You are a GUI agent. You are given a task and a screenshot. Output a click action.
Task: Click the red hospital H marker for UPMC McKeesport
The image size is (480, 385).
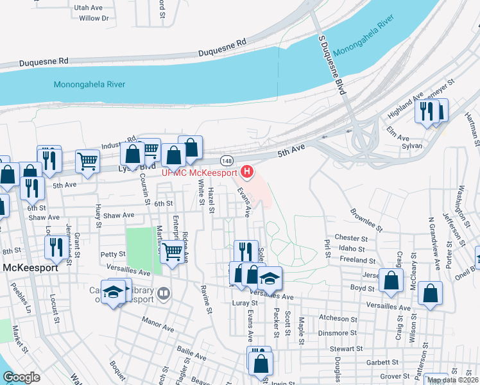(246, 171)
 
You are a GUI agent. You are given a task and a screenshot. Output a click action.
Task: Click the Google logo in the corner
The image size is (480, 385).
(22, 377)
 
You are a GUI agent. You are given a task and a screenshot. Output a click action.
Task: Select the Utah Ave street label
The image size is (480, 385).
(89, 8)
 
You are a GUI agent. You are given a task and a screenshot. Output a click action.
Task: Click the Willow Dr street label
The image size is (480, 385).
(94, 18)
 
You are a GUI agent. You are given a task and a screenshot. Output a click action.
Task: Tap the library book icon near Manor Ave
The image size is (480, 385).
(164, 294)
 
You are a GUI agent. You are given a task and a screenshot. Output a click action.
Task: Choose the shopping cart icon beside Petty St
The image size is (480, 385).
(171, 252)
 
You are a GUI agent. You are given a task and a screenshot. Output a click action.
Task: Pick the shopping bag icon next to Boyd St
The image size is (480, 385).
(391, 280)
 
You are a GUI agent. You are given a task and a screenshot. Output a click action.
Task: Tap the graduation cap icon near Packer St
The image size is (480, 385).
(270, 278)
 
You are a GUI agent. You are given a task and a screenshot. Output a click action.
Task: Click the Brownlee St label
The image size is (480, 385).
(365, 219)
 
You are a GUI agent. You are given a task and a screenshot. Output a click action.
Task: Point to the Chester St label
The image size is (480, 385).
(350, 238)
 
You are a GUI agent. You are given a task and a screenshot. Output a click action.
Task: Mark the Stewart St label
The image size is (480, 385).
(347, 349)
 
